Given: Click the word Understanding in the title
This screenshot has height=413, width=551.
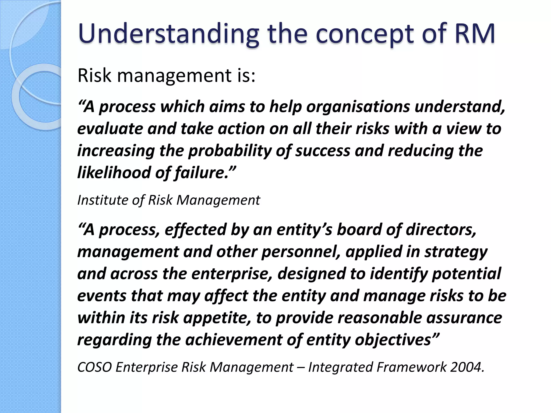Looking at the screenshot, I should point(168,34).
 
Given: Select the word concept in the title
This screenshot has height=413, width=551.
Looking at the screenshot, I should point(365,34).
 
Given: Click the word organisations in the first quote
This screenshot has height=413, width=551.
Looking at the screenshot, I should point(358,107).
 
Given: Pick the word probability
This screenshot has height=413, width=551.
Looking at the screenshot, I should point(230,151).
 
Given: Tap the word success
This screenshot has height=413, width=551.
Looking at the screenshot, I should point(323,151).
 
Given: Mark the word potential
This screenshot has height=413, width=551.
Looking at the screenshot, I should point(467,274).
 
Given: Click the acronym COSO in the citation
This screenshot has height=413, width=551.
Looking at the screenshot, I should point(94,367).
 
